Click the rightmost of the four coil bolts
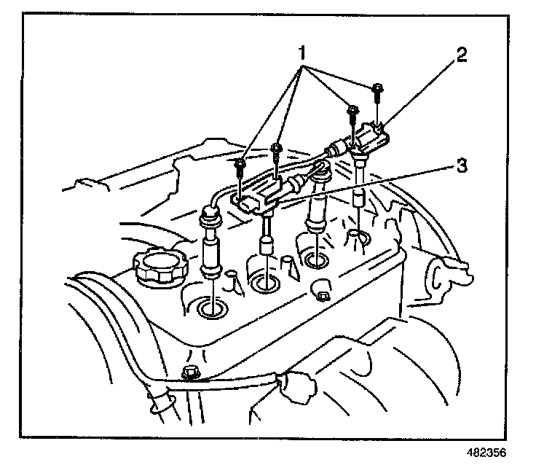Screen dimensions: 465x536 378,90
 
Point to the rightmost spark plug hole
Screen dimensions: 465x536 355,238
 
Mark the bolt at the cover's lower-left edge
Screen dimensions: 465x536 191,374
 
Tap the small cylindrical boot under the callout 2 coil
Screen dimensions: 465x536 358,199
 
